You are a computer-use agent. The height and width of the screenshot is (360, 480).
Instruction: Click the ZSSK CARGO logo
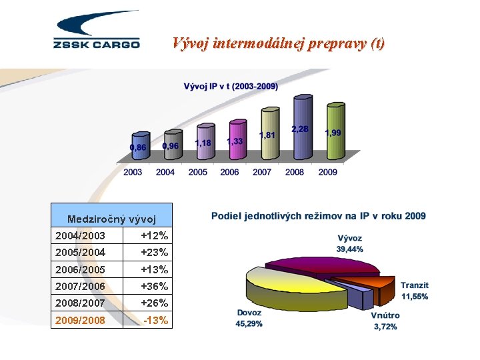click(x=96, y=31)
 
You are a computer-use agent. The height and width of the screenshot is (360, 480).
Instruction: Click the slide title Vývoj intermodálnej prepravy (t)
click(x=278, y=43)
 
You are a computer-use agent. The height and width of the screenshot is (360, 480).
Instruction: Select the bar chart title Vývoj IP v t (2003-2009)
click(x=231, y=86)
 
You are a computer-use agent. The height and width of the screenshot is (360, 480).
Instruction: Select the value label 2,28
click(x=299, y=129)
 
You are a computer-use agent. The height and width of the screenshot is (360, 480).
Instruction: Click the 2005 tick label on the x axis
click(x=197, y=172)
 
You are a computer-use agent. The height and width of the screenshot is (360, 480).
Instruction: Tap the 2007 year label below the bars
click(x=262, y=172)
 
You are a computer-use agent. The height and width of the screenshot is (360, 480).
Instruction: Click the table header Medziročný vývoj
click(x=111, y=219)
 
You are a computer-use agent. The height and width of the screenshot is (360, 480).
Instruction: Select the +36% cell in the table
click(x=155, y=287)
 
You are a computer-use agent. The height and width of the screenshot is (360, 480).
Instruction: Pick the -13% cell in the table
click(x=155, y=321)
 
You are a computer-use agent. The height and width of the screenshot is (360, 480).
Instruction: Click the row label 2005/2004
click(x=80, y=253)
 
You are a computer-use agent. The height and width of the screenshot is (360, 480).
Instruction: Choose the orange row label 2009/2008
click(x=80, y=321)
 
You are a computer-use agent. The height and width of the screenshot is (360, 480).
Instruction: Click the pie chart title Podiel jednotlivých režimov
click(x=318, y=216)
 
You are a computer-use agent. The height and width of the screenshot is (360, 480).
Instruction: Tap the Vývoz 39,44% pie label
click(x=349, y=243)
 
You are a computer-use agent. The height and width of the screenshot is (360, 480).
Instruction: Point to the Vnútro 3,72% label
click(x=385, y=321)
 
